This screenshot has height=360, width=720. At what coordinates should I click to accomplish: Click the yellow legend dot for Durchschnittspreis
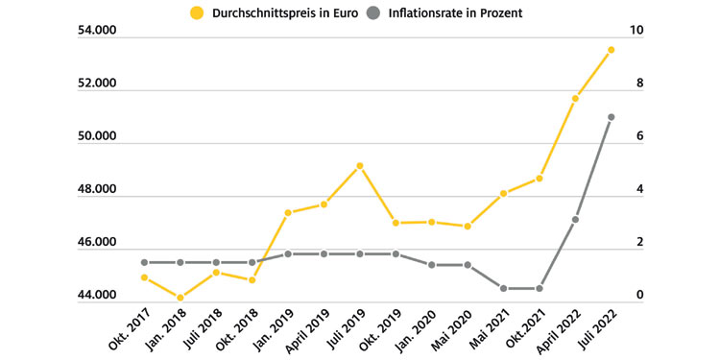pyautogui.click(x=199, y=13)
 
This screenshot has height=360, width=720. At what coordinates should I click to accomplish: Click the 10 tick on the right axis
pyautogui.click(x=636, y=32)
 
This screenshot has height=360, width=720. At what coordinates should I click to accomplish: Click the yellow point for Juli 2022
pyautogui.click(x=611, y=50)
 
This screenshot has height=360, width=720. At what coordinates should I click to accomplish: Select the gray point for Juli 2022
pyautogui.click(x=611, y=117)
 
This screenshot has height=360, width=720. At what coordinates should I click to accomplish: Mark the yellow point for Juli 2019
pyautogui.click(x=360, y=166)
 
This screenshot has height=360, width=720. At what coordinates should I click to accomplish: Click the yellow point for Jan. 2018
pyautogui.click(x=180, y=298)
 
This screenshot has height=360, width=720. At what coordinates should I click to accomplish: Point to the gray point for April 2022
pyautogui.click(x=575, y=220)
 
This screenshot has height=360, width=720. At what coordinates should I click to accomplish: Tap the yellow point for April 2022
pyautogui.click(x=575, y=98)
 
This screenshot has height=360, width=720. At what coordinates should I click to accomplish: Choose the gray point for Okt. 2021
pyautogui.click(x=540, y=288)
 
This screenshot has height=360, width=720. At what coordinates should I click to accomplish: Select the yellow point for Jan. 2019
pyautogui.click(x=288, y=212)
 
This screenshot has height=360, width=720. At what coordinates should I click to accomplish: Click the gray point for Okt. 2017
pyautogui.click(x=144, y=262)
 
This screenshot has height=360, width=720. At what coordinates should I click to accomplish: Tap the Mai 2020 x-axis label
pyautogui.click(x=452, y=331)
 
